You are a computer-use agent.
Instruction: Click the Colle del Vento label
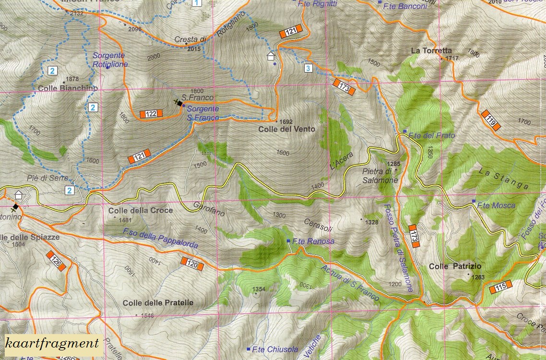tap(286, 129)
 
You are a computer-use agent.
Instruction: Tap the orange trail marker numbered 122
tap(151, 114)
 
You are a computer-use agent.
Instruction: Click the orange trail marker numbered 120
tap(192, 263)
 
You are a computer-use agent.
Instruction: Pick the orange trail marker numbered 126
tap(56, 260)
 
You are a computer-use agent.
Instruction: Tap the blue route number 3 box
tap(308, 68)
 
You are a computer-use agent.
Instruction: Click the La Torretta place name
tap(431, 50)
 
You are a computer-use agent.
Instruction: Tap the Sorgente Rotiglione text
tap(110, 60)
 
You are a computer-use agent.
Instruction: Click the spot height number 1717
tap(452, 59)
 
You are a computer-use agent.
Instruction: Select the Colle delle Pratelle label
tap(158, 303)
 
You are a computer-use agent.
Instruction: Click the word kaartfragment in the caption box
tap(52, 343)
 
